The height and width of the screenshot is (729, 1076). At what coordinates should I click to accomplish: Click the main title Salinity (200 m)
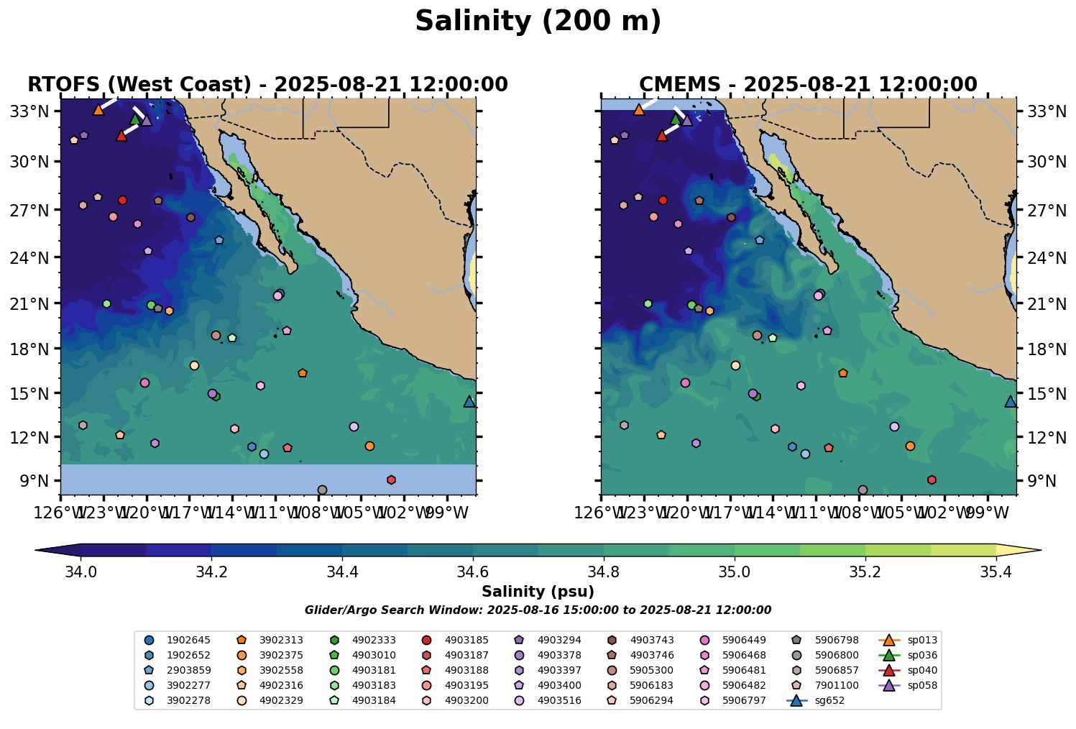[x=538, y=22]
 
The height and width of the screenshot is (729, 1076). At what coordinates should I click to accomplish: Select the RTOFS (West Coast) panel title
[x=267, y=85]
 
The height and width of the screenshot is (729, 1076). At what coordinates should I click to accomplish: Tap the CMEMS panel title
[x=808, y=85]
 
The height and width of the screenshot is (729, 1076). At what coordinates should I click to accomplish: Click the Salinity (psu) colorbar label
[x=538, y=592]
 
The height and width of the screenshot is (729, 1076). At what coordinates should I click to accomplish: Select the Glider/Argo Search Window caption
[x=538, y=610]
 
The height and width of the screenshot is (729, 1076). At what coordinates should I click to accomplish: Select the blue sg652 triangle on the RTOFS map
[x=469, y=402]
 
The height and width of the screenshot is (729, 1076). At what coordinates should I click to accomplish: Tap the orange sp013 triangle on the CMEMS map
[x=638, y=110]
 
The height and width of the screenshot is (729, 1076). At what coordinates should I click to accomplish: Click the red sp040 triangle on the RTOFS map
[x=121, y=135]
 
